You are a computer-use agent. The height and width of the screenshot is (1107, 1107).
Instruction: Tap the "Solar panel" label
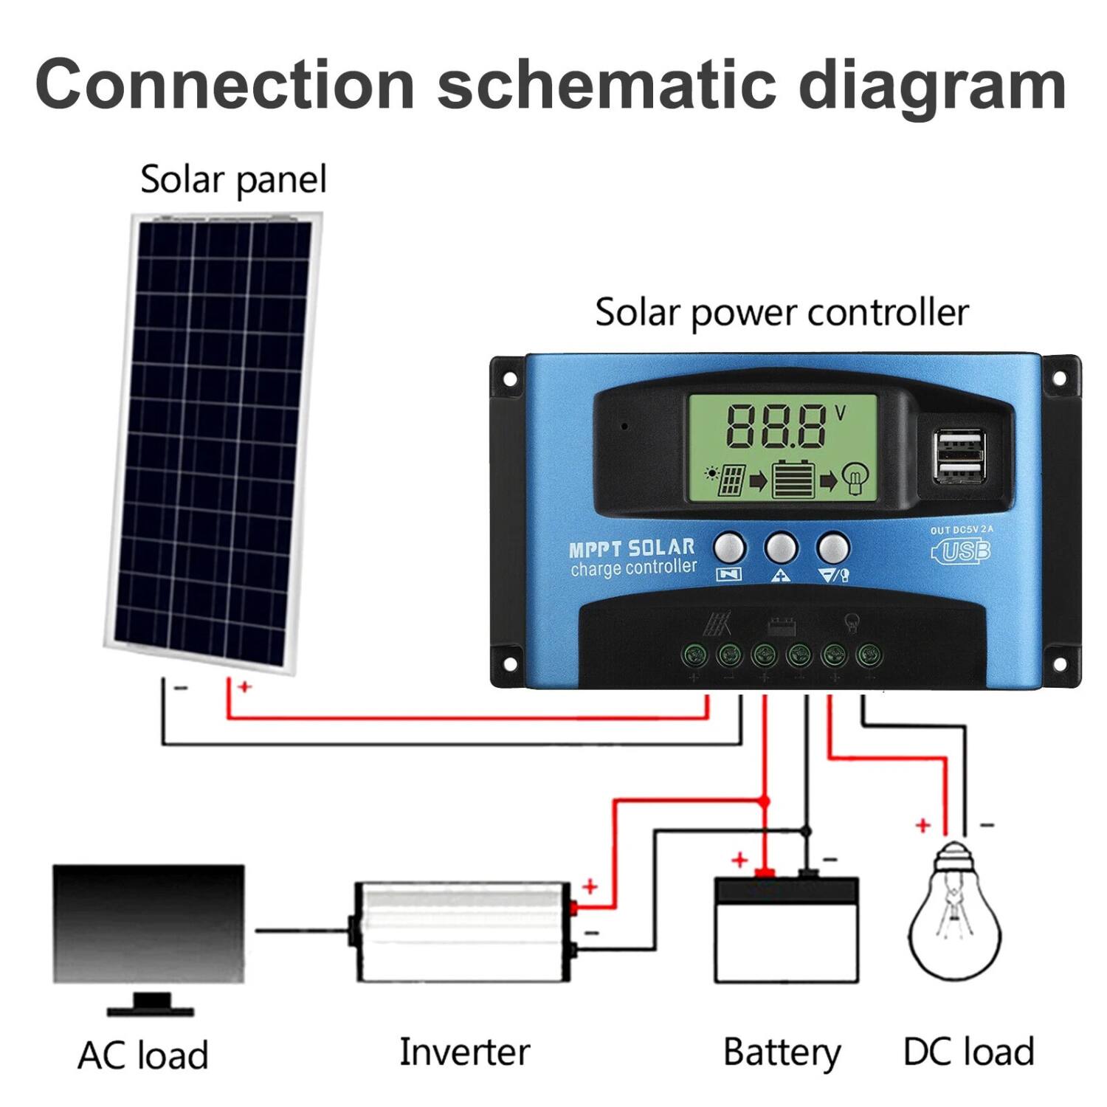[x=233, y=180]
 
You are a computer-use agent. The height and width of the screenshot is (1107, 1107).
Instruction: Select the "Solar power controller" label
[x=782, y=312]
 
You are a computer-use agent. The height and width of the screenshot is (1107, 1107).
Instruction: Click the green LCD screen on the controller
[x=782, y=448]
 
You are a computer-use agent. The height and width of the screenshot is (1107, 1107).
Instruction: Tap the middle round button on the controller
[x=781, y=548]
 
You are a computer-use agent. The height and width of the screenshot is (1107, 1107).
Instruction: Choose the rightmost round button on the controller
[x=833, y=548]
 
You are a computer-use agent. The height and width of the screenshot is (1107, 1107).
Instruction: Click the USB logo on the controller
[x=962, y=551]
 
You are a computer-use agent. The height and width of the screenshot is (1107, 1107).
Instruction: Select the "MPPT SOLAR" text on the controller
[x=632, y=548]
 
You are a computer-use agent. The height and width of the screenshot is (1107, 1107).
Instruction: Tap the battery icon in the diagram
[x=787, y=930]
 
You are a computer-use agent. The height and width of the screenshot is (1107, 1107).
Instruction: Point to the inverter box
[x=463, y=931]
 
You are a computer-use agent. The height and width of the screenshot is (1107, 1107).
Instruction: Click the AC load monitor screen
[x=148, y=922]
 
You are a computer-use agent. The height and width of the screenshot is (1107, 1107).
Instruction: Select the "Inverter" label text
[x=464, y=1052]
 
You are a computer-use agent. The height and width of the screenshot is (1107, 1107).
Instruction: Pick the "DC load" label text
[x=968, y=1052]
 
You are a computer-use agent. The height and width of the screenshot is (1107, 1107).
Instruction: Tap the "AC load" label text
[x=143, y=1055]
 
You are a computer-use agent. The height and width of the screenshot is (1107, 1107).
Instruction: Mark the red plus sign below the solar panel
[x=244, y=687]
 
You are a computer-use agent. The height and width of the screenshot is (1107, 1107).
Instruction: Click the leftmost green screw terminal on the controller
[x=694, y=654]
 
